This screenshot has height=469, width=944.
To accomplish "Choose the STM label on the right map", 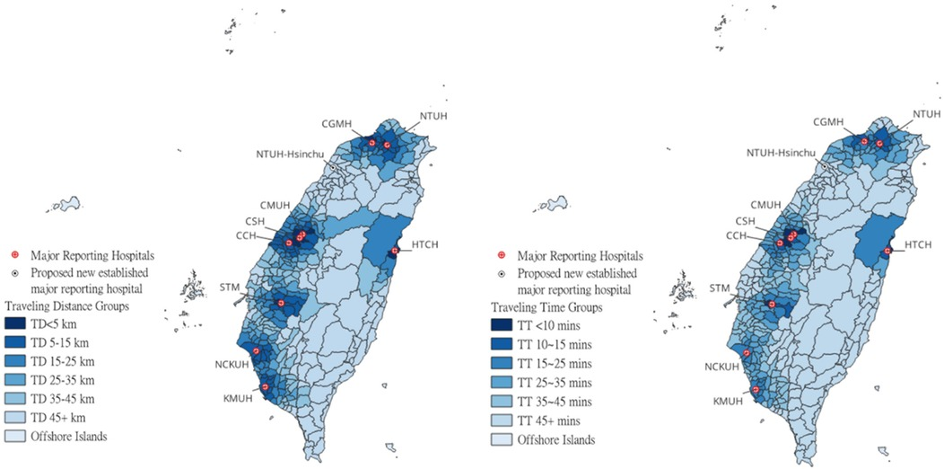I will pos(718,288).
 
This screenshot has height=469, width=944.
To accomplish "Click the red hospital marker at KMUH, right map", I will pos(756,390).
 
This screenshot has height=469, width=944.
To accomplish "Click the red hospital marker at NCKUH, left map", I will pos(256,351).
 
